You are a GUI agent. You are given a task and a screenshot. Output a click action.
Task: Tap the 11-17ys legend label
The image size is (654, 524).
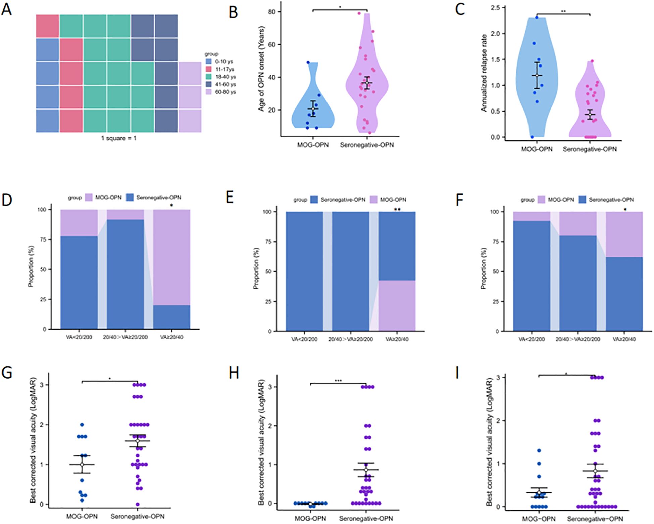click(x=224, y=69)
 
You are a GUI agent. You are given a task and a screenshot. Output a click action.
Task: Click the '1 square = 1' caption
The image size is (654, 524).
click(x=119, y=138)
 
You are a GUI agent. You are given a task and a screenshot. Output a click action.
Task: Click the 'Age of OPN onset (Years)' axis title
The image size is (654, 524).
click(x=261, y=69)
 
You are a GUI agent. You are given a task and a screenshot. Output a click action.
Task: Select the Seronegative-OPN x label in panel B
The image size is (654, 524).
click(x=367, y=145)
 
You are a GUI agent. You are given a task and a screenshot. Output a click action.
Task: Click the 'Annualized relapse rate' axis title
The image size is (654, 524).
click(x=484, y=73)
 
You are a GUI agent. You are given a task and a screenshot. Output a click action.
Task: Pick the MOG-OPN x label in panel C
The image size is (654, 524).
click(x=537, y=149)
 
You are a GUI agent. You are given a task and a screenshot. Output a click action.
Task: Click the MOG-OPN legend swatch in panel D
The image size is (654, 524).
click(x=89, y=198)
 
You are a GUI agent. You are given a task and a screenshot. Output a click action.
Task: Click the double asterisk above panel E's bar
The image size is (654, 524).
click(x=397, y=209)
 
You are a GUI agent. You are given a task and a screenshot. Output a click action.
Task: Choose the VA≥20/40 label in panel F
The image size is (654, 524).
click(x=624, y=339)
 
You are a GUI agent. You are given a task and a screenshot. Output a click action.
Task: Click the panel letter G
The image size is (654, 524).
click(x=7, y=373)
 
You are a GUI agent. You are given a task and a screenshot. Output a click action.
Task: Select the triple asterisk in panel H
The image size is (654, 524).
click(x=338, y=381)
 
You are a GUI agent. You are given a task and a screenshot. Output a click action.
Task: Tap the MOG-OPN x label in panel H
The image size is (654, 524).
click(x=310, y=518)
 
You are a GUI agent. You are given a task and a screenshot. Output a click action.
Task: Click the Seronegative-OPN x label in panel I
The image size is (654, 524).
click(x=595, y=519)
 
